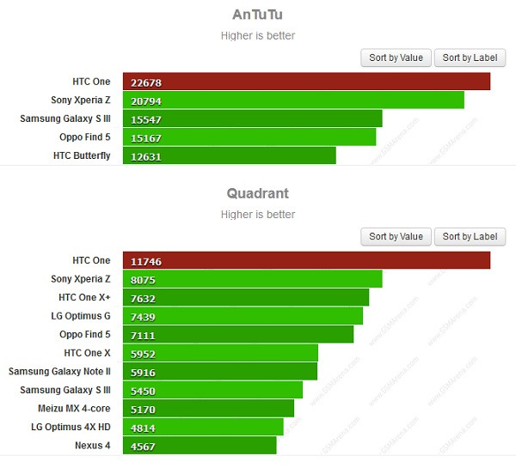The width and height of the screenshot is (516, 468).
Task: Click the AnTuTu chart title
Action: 258,15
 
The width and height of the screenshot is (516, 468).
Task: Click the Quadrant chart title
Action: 258,193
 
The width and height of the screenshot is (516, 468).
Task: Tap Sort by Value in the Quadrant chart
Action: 396,236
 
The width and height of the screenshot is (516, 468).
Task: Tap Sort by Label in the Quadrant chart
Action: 470,236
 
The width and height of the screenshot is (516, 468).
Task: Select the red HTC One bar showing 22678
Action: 306,82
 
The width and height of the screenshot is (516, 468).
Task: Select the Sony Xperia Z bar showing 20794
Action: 293,100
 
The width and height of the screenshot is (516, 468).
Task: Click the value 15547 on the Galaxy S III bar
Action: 146,119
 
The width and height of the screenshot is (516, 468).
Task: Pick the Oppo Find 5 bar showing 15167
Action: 249,137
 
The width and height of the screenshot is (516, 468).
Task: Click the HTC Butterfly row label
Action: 82,155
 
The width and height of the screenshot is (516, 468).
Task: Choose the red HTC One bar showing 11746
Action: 306,260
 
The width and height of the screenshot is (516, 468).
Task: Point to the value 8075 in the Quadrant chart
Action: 144,279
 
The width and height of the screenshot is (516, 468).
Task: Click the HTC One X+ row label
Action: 84,297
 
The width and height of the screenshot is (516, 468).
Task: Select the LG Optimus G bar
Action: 243,316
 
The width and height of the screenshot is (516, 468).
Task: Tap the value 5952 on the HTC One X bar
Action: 144,353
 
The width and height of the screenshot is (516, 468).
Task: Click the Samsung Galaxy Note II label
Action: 59,371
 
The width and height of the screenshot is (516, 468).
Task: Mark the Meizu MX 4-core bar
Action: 208,409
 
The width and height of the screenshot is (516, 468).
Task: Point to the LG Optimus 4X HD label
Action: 71,427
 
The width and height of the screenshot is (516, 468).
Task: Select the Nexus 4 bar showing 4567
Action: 200,446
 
